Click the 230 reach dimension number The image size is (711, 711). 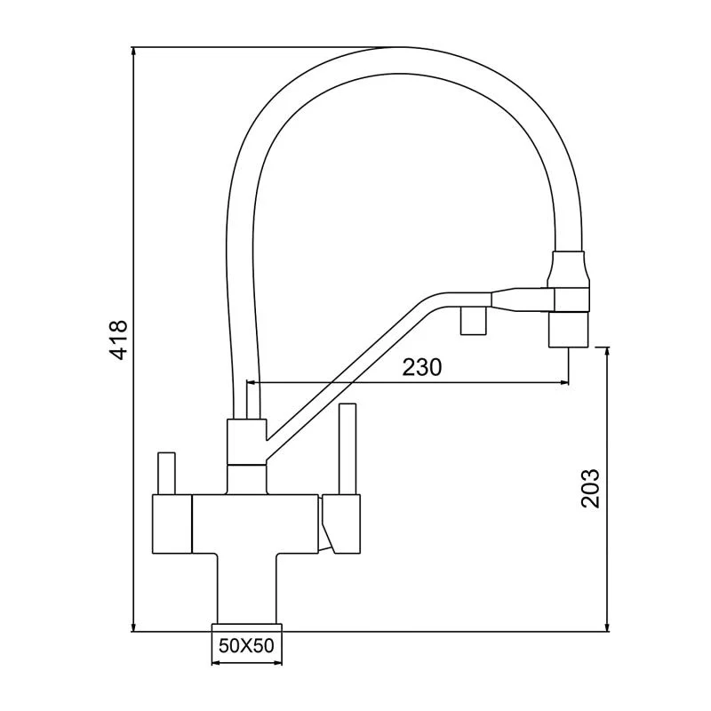pyautogui.click(x=422, y=367)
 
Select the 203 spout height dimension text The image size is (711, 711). pyautogui.click(x=591, y=488)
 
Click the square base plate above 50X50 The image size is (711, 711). pyautogui.click(x=246, y=625)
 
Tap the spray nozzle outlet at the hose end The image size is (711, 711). pyautogui.click(x=568, y=330)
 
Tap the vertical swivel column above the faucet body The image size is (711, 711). pyautogui.click(x=246, y=453)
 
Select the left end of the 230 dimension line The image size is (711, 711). pyautogui.click(x=246, y=383)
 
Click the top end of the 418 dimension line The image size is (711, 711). pyautogui.click(x=132, y=49)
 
